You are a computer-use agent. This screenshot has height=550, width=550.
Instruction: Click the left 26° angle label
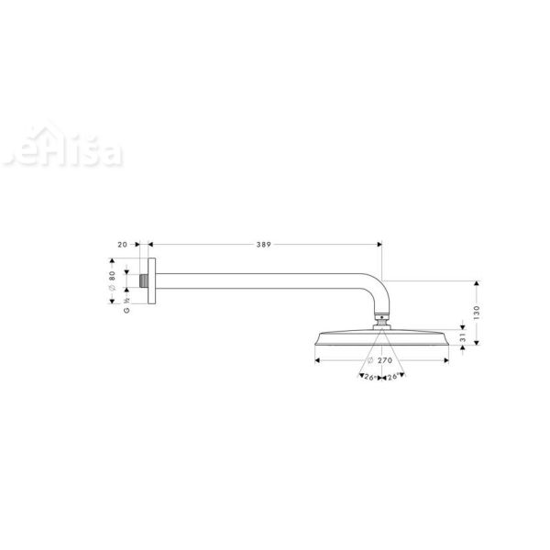pos(369,377)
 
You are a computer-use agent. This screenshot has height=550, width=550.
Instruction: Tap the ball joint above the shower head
pos(381,322)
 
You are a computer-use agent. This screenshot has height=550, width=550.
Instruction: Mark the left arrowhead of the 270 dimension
pos(318,361)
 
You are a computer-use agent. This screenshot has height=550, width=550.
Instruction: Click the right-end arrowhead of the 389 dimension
pos(378,246)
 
